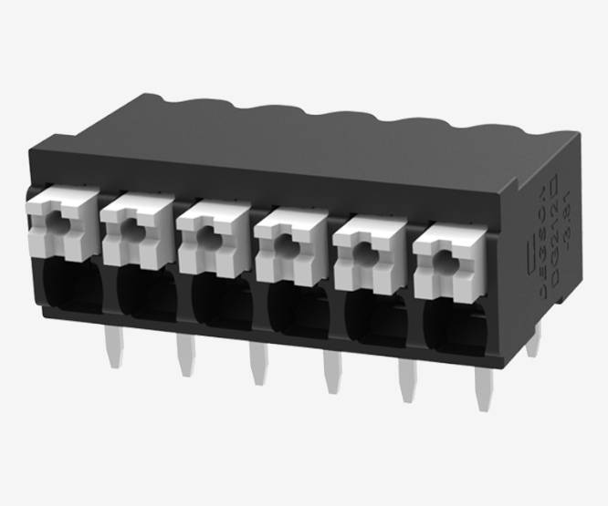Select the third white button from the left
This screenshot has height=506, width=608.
[212, 239]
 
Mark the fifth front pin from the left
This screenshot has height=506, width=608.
[404, 387]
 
